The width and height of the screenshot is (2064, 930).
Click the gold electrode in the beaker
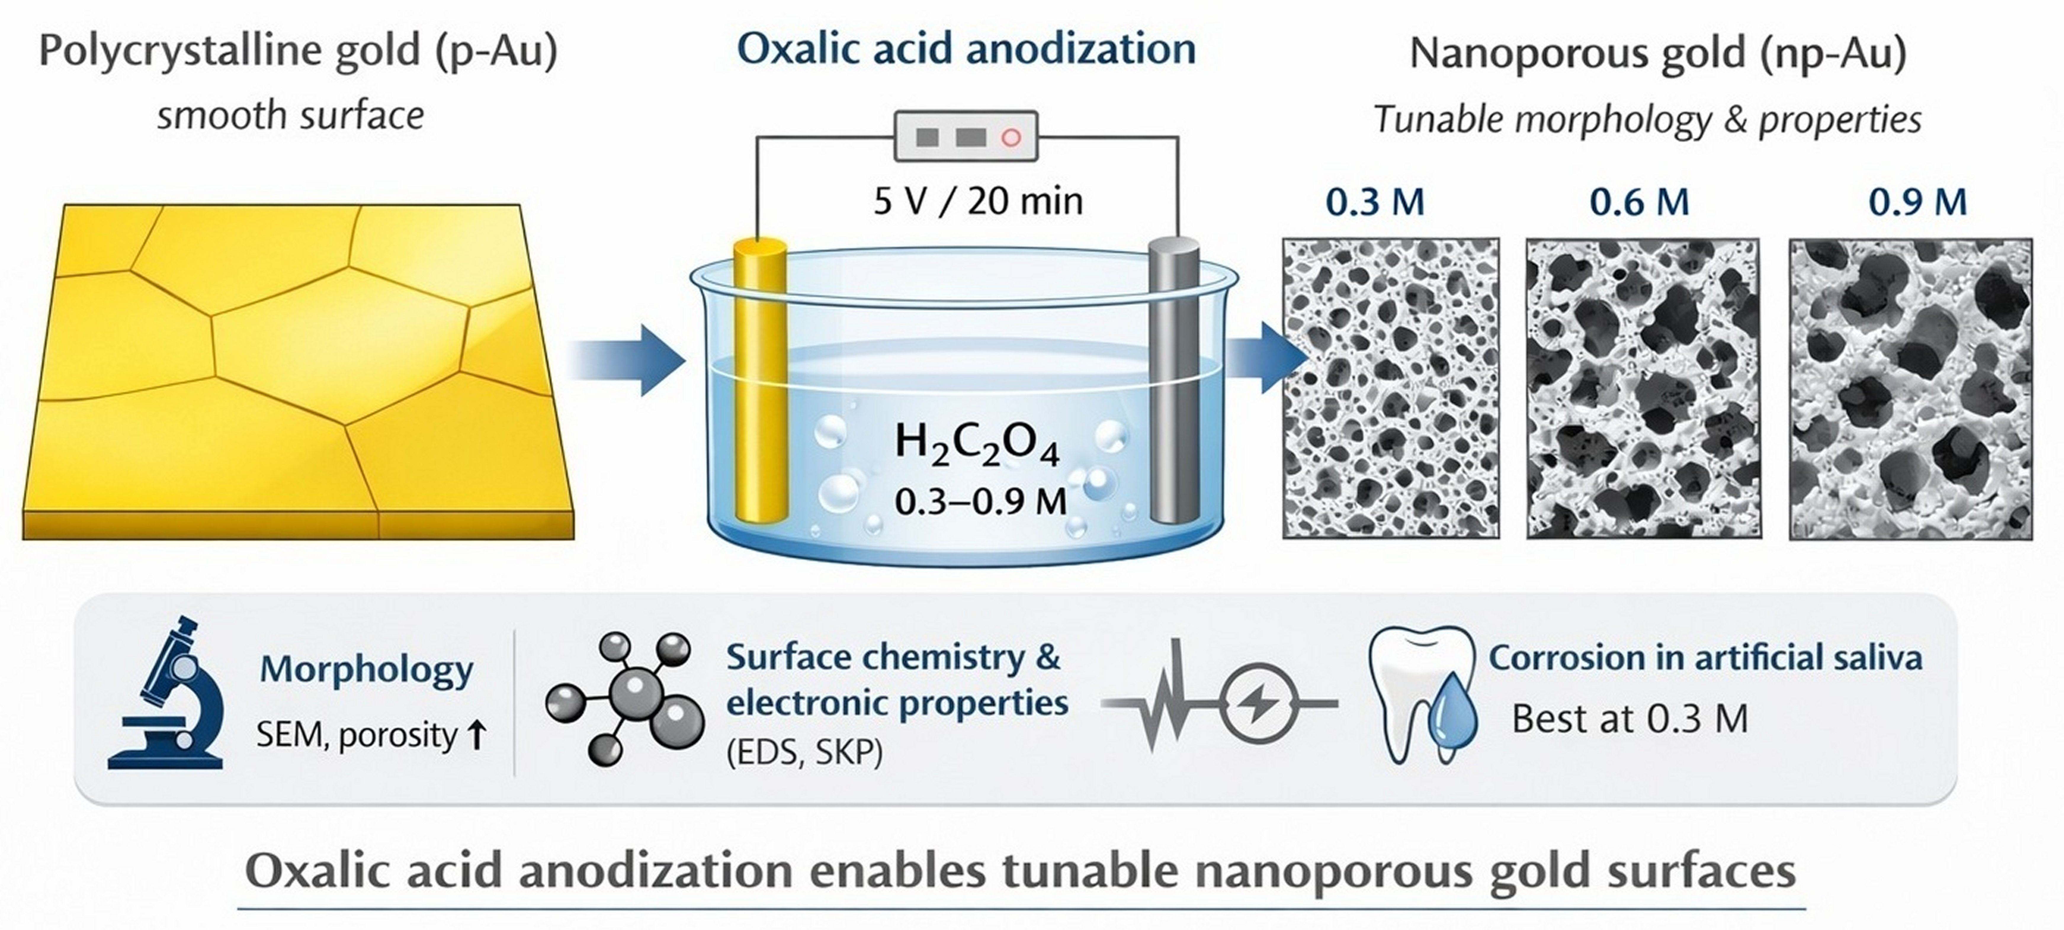click(760, 384)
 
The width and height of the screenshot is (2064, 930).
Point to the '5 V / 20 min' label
click(978, 200)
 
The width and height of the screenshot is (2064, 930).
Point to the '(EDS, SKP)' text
click(804, 753)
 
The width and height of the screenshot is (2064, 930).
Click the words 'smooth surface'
click(290, 116)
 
